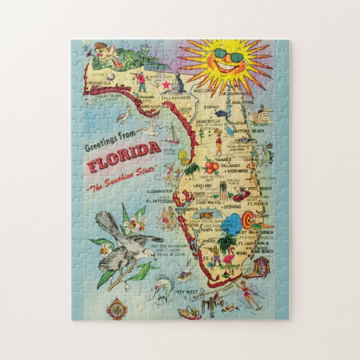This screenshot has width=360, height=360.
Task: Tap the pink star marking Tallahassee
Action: click(x=165, y=84)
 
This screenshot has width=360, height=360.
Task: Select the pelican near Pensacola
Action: click(x=122, y=115)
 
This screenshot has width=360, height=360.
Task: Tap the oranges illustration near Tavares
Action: click(x=211, y=165)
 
